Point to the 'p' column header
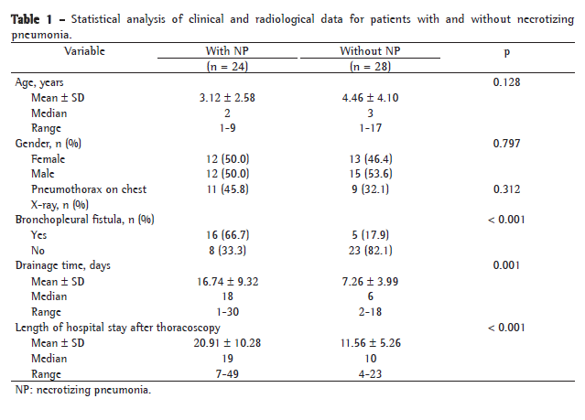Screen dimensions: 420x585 click(506, 52)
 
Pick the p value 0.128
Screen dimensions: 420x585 click(507, 83)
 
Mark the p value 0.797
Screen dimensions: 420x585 click(507, 144)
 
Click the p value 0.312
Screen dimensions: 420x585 click(507, 189)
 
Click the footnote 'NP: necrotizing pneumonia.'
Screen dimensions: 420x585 click(82, 391)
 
